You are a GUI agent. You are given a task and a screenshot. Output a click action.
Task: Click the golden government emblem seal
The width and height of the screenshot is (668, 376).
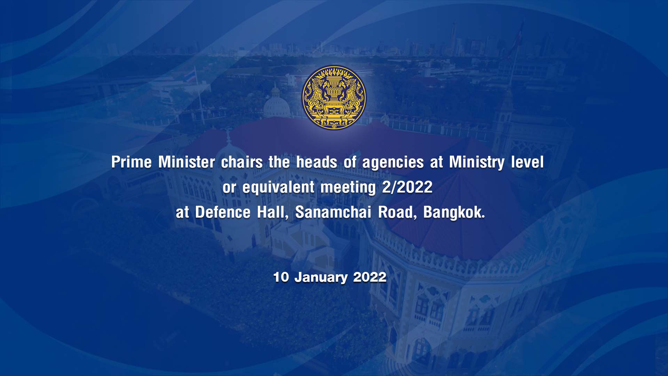click(x=334, y=97)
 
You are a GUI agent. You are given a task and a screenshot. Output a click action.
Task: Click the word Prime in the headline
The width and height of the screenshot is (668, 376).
click(x=132, y=162)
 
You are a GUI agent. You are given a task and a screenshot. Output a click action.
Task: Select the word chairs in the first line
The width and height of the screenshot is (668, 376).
click(x=241, y=162)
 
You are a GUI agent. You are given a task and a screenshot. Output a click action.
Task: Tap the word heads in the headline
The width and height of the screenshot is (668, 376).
click(x=317, y=162)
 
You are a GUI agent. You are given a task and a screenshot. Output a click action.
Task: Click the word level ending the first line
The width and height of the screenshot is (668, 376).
click(x=527, y=162)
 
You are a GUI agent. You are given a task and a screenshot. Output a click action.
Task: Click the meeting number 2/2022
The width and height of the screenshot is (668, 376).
click(x=407, y=187)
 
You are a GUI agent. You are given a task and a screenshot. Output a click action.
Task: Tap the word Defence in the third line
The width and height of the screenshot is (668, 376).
click(x=223, y=212)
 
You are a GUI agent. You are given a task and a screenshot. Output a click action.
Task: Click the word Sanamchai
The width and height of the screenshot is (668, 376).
click(x=333, y=212)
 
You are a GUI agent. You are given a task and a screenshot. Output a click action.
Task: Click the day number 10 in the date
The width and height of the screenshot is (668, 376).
click(x=281, y=277)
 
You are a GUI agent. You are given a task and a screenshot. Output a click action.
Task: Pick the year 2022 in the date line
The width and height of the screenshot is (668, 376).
click(x=369, y=277)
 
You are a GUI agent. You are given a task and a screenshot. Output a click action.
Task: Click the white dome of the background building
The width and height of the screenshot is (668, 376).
click(x=276, y=104)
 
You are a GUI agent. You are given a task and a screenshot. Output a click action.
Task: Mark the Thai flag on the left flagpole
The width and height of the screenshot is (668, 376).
click(x=191, y=76)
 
